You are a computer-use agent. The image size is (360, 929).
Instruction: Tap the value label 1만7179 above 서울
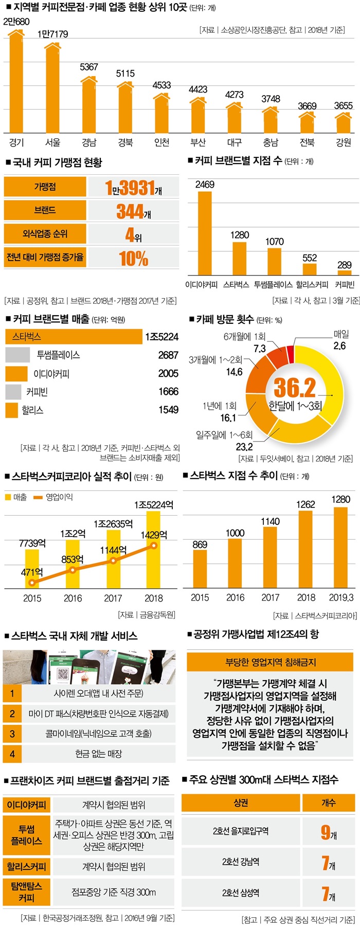[52, 34]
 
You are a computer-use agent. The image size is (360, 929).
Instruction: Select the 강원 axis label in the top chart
[343, 142]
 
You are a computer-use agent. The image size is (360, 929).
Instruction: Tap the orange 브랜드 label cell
[45, 210]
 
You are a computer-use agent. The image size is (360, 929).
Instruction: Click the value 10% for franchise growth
[133, 258]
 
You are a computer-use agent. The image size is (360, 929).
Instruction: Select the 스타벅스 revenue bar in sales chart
[74, 337]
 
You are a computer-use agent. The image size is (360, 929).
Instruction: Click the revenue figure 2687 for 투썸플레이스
[168, 355]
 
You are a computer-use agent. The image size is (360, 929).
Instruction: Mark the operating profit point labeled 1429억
[153, 545]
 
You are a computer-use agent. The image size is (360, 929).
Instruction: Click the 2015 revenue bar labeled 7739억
[32, 568]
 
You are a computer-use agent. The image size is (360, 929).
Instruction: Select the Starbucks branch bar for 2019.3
[340, 547]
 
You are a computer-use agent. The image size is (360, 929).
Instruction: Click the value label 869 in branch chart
[200, 544]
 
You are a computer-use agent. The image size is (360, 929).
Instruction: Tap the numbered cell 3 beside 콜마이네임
[12, 734]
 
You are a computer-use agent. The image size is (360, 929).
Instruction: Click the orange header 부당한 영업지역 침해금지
[271, 662]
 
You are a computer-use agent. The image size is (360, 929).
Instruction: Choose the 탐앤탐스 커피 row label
[27, 891]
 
